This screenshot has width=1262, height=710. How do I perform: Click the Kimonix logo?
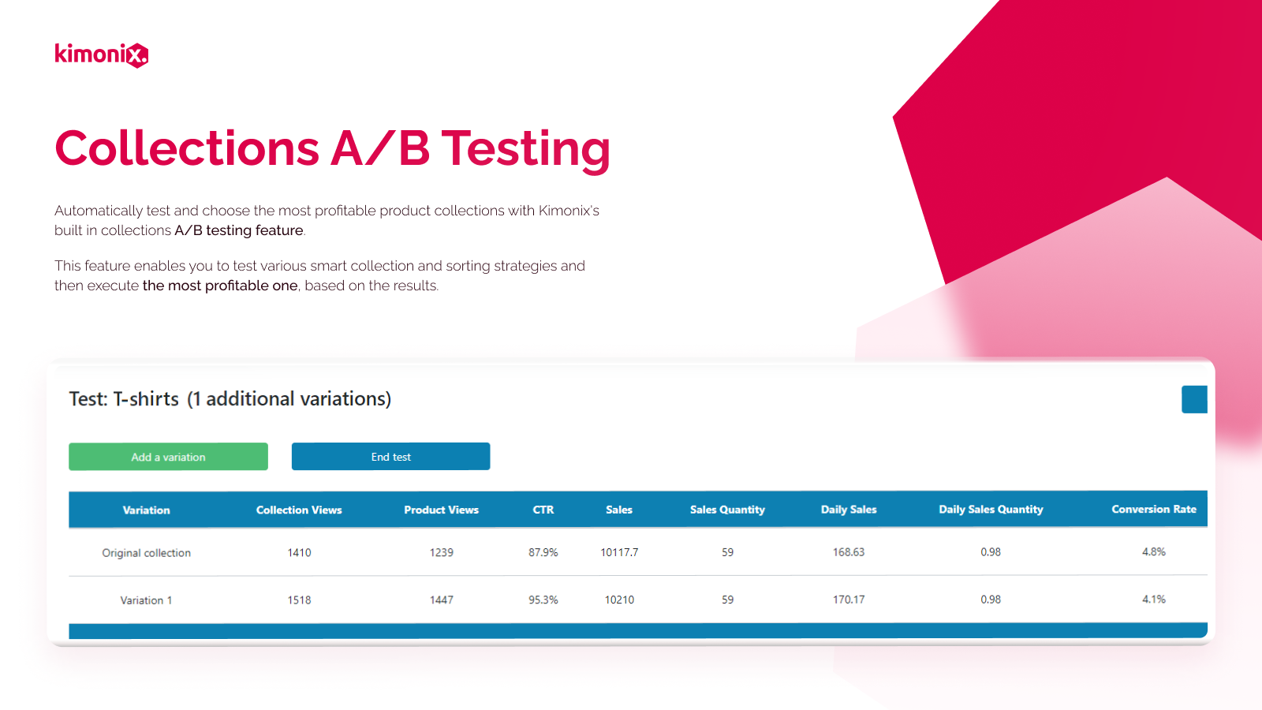pos(102,54)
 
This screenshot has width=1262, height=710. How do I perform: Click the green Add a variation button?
pos(169,457)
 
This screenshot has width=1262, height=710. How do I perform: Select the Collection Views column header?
pos(299,510)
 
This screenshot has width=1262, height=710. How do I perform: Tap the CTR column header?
pos(543,510)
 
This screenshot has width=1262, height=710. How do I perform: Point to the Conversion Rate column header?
pos(1153,510)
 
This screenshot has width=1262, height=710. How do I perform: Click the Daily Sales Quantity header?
pos(991,510)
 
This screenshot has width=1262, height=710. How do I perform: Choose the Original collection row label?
pos(146,553)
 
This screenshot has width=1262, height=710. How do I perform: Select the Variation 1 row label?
pos(146,600)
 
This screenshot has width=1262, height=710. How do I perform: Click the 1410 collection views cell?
pos(299,552)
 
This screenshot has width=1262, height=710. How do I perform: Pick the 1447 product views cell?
pos(441,600)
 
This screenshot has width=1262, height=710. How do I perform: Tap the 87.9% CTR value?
pos(543,552)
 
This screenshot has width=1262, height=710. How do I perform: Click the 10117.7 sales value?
pos(619,552)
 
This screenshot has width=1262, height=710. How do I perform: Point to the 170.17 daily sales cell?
pos(849,600)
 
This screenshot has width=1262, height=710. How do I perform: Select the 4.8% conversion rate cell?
pos(1154,551)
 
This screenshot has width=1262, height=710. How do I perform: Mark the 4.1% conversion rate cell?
pos(1154,599)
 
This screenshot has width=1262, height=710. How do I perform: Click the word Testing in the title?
pos(525,150)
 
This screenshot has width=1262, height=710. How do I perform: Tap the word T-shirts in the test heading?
pos(146,399)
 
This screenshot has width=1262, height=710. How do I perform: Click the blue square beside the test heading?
pos(1194,399)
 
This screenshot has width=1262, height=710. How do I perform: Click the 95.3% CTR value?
pos(543,600)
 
